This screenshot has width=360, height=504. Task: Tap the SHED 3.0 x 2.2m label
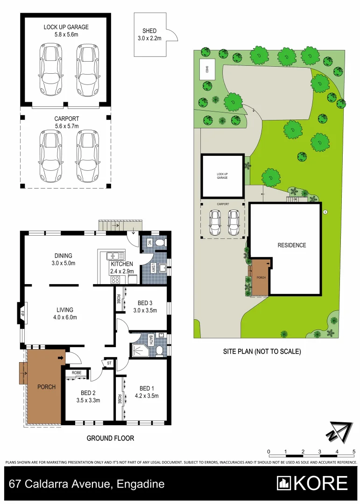coord(149,35)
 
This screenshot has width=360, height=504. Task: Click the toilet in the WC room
coord(160,242)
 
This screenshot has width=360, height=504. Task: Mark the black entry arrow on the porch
coord(60,358)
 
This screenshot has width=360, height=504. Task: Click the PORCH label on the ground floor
coord(46,387)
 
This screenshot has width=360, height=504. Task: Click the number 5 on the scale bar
coord(354,451)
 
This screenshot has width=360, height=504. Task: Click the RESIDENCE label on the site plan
coord(292,245)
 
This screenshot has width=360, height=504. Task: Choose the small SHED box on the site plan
coord(205,70)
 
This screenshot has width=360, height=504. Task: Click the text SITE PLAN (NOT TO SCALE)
coord(261,352)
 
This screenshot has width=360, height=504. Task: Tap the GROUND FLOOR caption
coord(111,438)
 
